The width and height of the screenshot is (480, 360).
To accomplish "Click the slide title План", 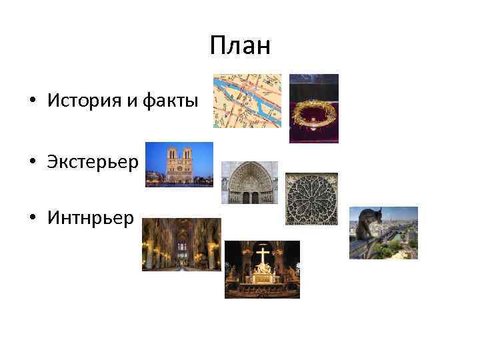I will coord(239,46).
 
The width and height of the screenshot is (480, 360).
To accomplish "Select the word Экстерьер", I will coord(93,163).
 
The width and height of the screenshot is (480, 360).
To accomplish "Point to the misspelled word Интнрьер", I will coord(91,218).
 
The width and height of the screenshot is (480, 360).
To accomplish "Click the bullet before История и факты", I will coord(33,101).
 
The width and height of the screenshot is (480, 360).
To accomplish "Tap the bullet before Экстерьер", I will coord(33,163).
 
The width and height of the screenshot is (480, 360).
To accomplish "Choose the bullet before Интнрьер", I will coord(33,219).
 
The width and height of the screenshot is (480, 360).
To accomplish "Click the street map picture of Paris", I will coord(247,101).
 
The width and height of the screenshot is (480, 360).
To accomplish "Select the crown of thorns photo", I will coord(313,109).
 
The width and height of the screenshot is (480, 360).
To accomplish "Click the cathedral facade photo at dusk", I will coord(179,164).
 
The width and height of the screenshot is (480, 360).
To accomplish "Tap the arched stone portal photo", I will coord(249,182).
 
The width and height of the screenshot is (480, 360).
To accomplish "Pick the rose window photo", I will coord(311,199).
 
